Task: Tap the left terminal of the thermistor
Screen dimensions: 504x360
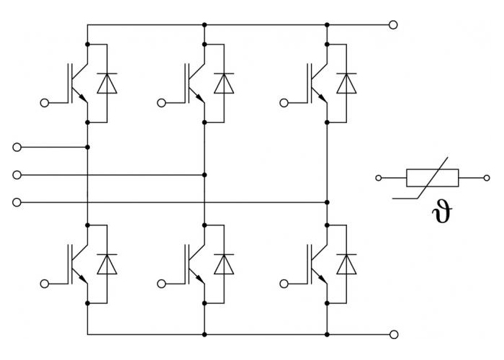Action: [379, 178]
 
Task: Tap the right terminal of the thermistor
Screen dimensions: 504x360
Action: [487, 178]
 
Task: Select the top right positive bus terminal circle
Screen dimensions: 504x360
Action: [393, 24]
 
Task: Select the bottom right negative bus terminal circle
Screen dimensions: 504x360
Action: [394, 335]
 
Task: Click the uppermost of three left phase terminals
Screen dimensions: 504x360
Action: [17, 147]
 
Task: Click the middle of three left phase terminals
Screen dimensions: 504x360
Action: [17, 175]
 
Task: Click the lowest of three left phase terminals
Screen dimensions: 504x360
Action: [17, 202]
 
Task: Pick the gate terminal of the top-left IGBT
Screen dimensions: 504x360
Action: [45, 103]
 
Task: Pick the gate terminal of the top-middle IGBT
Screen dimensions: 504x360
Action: [161, 103]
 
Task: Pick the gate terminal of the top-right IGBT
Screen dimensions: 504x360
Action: [284, 103]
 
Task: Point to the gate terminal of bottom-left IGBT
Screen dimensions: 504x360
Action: [45, 284]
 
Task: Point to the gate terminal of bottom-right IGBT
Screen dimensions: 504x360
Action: [284, 284]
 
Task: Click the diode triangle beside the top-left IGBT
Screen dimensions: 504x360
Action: [107, 84]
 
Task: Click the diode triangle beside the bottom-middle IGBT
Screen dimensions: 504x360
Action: [224, 264]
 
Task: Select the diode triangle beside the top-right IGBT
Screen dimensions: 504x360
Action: [346, 84]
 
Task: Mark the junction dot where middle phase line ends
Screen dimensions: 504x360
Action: [204, 175]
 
